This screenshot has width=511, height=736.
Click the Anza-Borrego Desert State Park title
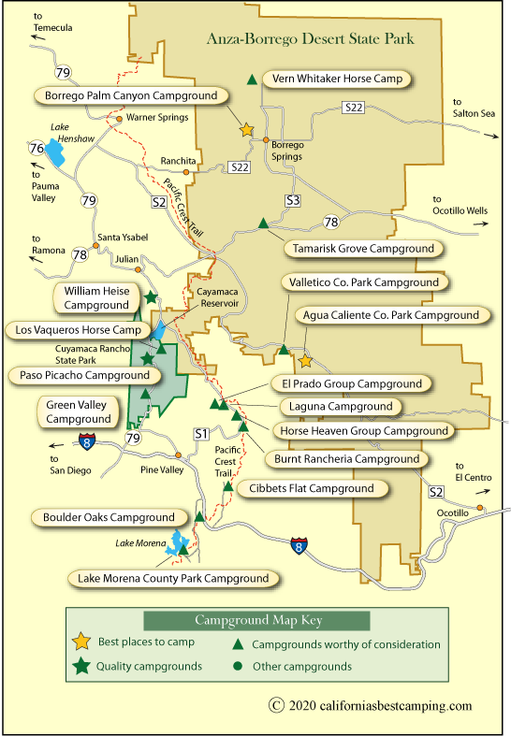pyautogui.click(x=323, y=40)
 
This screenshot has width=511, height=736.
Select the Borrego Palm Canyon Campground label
pyautogui.click(x=131, y=95)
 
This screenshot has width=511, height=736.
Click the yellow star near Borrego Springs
pyautogui.click(x=247, y=131)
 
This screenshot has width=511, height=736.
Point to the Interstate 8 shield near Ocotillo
pyautogui.click(x=298, y=544)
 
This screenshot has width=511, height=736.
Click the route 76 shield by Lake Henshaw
pyautogui.click(x=36, y=148)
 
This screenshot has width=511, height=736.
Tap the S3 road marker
pyautogui.click(x=293, y=200)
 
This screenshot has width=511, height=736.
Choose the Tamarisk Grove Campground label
pyautogui.click(x=363, y=249)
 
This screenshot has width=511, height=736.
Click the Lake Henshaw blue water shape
pyautogui.click(x=55, y=155)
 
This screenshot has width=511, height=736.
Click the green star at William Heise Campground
pyautogui.click(x=150, y=297)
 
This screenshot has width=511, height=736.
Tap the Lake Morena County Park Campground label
pyautogui.click(x=174, y=578)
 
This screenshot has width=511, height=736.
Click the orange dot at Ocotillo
pyautogui.click(x=480, y=508)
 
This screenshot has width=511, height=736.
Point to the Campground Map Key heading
pyautogui.click(x=256, y=620)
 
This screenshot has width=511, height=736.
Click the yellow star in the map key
pyautogui.click(x=81, y=642)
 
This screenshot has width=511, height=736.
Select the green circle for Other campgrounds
pyautogui.click(x=238, y=667)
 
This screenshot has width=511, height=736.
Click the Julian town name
pyautogui.click(x=127, y=259)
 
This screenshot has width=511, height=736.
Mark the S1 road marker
pyautogui.click(x=199, y=433)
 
